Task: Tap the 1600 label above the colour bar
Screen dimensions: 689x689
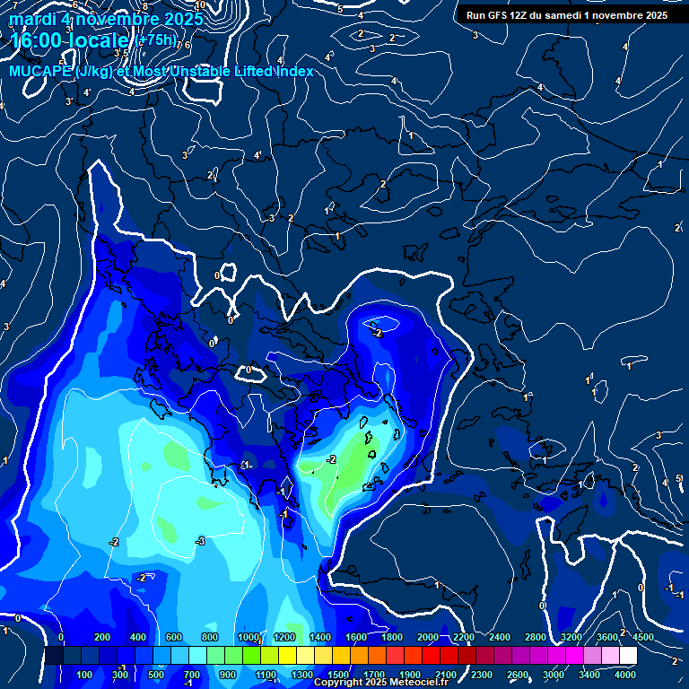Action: coord(355,637)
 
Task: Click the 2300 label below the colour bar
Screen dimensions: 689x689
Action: coord(482,675)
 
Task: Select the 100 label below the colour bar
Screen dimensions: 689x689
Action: coord(85,675)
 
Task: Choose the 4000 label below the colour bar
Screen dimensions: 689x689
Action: coord(626,675)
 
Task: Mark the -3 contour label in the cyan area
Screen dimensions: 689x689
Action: coord(201,541)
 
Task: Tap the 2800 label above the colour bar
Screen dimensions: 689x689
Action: coord(536,637)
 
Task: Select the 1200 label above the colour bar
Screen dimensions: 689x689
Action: coord(283,637)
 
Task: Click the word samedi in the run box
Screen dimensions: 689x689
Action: coord(558,15)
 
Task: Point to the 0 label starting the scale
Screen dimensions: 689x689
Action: coord(61,637)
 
